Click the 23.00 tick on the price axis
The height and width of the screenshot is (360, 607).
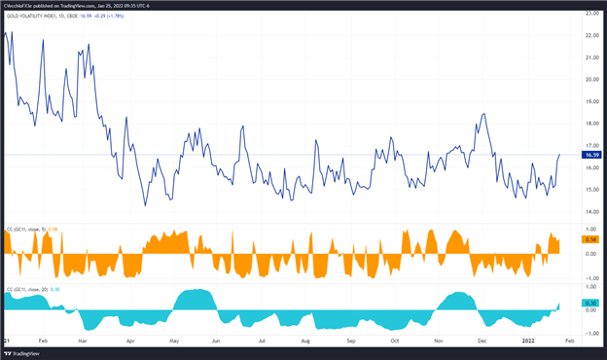(x=590, y=13)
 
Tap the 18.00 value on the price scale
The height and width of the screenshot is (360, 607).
(x=590, y=124)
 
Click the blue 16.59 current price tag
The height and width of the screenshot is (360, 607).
(x=590, y=155)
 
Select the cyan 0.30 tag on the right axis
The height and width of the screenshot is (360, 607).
(x=590, y=303)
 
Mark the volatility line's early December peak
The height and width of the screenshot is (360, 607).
(x=483, y=113)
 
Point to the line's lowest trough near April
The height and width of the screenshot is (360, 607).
(x=146, y=205)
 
